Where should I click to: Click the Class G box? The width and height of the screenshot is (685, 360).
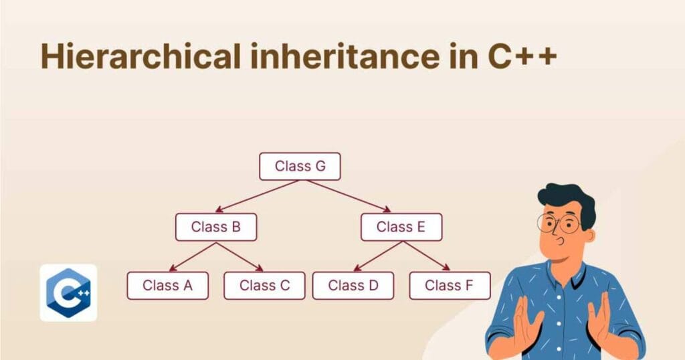pos(300,167)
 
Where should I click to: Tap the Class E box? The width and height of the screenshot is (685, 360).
pos(401,227)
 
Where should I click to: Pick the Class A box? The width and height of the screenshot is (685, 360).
pos(167,286)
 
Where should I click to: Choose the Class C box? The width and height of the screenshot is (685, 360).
pos(264,286)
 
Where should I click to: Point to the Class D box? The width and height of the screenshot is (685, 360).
pos(353,286)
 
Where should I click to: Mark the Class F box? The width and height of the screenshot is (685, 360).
pos(450,286)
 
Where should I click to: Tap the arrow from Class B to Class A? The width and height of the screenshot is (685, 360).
pos(191,256)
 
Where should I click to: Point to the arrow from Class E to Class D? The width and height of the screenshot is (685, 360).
pos(377,256)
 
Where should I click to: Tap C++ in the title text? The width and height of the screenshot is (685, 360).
pos(518,56)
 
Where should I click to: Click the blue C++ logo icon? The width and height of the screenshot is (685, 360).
pos(68,292)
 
